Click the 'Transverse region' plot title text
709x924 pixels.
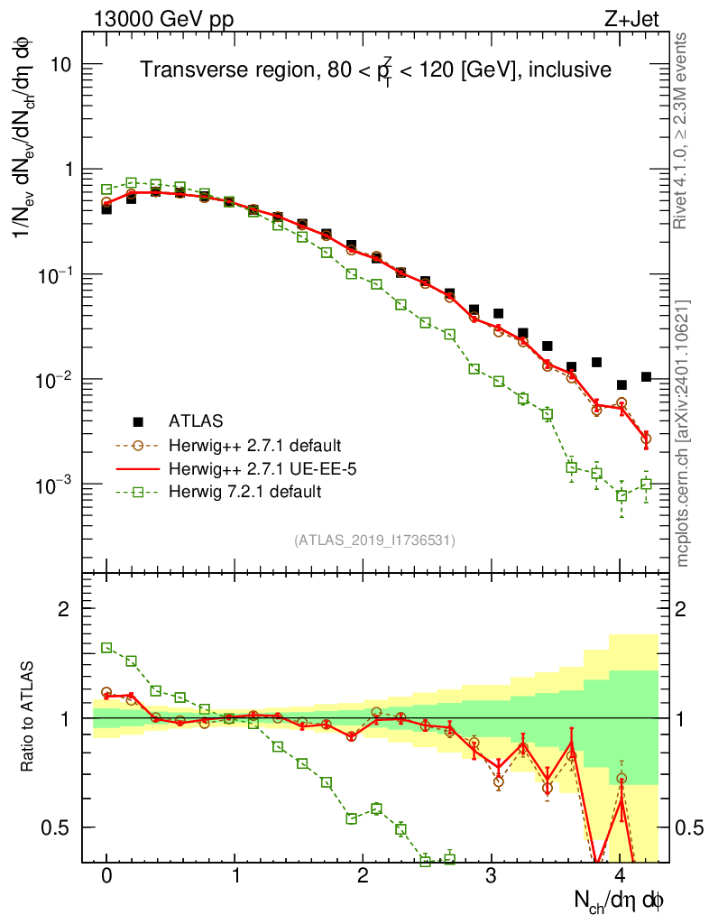tap(375, 70)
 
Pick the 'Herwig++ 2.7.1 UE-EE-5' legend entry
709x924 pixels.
tap(258, 468)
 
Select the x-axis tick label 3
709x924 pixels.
tap(491, 875)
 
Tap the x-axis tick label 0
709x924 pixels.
tap(106, 875)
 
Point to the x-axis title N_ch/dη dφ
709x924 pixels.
tap(619, 900)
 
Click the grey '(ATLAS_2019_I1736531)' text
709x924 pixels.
tap(373, 541)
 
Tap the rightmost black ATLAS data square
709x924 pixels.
tap(646, 376)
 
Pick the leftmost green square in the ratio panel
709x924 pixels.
tap(106, 648)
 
